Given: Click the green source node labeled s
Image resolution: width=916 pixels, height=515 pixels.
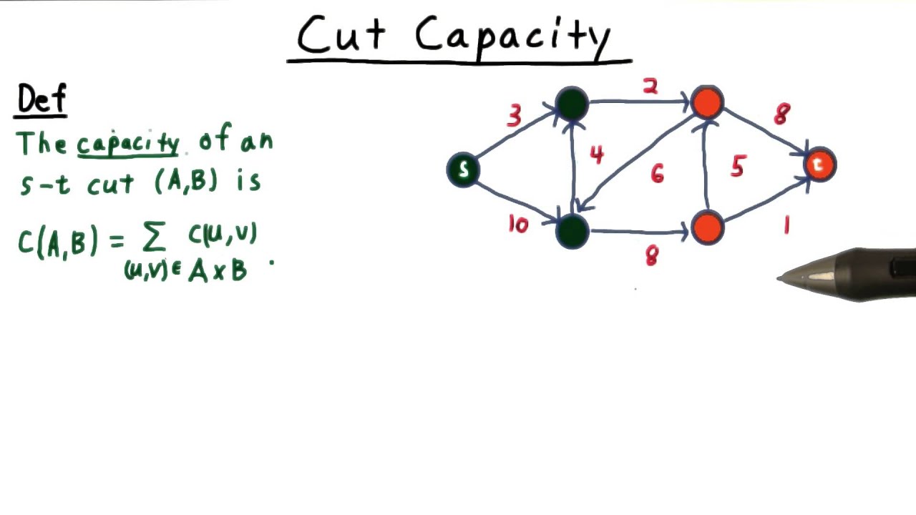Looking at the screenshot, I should (463, 170).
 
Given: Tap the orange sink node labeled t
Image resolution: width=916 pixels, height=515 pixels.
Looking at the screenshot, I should (819, 165).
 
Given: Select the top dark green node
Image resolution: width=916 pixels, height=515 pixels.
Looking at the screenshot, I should (572, 104).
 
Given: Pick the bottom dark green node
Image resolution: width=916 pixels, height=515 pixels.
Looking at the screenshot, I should (572, 230).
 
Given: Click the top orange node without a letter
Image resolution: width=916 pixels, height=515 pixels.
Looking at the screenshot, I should (708, 103).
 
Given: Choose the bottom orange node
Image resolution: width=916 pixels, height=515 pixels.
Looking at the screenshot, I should (708, 227).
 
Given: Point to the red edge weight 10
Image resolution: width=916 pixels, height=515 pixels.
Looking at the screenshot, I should (517, 225).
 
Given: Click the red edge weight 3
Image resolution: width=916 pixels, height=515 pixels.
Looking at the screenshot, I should (514, 116).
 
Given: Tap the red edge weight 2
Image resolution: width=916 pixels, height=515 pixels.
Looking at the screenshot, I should (650, 87).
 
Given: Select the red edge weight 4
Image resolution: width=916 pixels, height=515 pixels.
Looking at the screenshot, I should (596, 154).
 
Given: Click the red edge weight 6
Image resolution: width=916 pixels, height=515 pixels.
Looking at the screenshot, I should (657, 173).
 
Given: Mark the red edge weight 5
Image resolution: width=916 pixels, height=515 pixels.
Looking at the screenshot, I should (738, 167).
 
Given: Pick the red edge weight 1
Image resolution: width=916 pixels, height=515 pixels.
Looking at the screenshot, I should (786, 226).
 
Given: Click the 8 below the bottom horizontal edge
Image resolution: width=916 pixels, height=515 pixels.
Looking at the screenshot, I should (651, 257).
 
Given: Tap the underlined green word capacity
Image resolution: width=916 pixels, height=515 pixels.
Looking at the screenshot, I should (128, 144).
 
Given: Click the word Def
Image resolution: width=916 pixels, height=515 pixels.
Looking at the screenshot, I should (42, 100).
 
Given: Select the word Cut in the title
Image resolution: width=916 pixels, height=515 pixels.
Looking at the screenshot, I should (341, 35).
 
